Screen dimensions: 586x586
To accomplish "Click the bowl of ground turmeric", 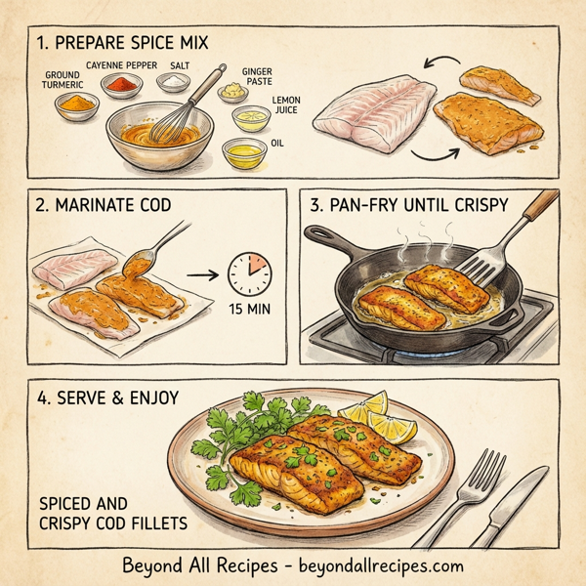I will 81,105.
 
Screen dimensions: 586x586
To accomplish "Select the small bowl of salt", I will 177,83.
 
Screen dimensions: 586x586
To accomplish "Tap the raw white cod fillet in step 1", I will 368,115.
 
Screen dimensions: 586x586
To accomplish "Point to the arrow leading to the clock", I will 200,276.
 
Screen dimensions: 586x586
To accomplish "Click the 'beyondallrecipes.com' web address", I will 378,565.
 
